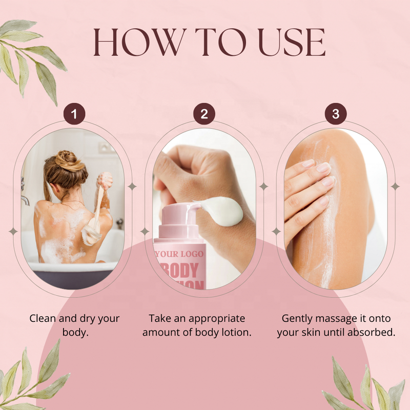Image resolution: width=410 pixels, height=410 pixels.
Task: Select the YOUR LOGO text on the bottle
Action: [x=179, y=254]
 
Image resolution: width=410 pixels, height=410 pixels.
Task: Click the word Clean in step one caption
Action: [x=42, y=318]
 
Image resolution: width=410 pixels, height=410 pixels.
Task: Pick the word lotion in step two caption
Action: [x=235, y=332]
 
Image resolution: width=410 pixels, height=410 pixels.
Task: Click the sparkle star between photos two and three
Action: [x=263, y=187]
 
